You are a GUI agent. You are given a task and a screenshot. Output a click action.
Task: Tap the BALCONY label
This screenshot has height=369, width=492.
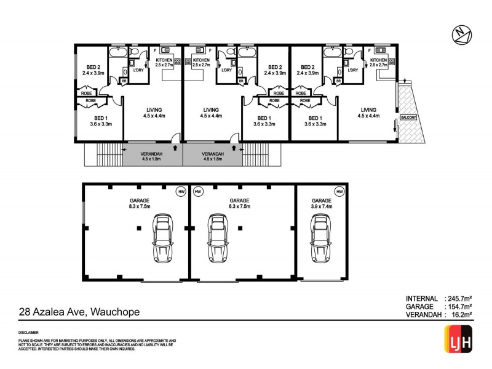point(407,117)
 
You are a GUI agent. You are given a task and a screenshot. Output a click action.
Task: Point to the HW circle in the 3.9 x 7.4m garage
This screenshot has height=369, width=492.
point(339,192)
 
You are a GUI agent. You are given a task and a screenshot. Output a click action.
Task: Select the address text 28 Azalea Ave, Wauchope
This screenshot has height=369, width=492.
point(80,312)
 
